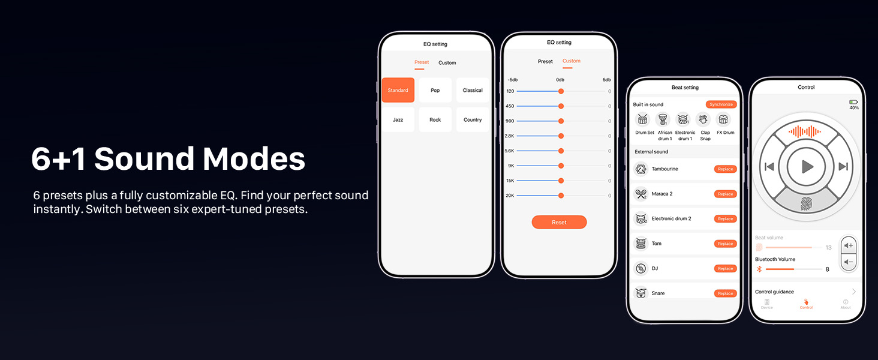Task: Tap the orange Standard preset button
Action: click(x=398, y=90)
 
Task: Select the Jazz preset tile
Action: click(x=398, y=120)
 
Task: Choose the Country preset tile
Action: click(x=473, y=120)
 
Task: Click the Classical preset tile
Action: click(x=473, y=90)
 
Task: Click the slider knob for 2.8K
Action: click(x=561, y=136)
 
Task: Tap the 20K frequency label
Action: click(x=510, y=196)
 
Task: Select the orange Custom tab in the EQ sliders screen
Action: click(x=571, y=61)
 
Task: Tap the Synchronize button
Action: click(x=721, y=104)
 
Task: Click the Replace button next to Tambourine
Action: click(x=725, y=169)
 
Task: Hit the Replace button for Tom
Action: click(x=725, y=244)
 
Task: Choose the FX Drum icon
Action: click(x=724, y=119)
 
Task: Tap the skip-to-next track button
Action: click(x=843, y=167)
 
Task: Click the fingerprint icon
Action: click(x=807, y=204)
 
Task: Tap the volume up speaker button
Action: click(x=849, y=246)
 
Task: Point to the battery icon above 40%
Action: click(x=853, y=102)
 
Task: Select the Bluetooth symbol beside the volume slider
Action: click(x=759, y=269)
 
